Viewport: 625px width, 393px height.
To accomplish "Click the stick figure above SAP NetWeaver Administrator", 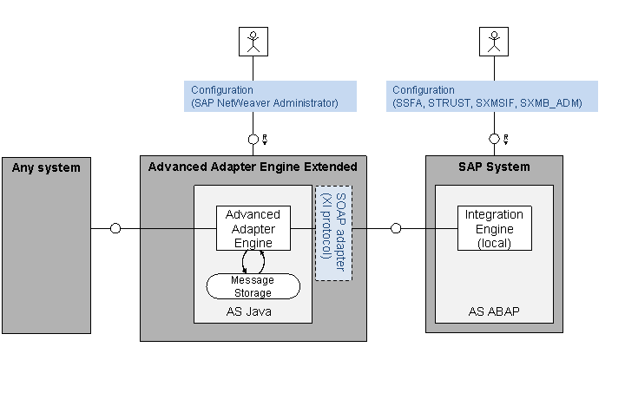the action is coord(253,42).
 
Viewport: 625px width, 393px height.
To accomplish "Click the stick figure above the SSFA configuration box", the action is coord(494,42).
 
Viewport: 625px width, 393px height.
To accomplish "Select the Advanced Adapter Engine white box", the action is coord(253,228).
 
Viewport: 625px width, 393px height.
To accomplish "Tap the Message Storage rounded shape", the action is coord(253,286).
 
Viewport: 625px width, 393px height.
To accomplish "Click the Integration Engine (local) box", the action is coord(494,228).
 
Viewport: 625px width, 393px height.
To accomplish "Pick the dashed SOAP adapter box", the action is coord(333,233).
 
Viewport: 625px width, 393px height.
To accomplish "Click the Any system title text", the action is coord(46,167).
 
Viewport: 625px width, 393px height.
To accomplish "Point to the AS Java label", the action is coord(249,311).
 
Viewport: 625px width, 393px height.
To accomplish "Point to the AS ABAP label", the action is coord(494,311).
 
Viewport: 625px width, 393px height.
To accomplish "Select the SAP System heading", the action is coord(494,167).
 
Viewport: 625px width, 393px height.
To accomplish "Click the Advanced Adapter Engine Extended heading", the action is coord(253,167).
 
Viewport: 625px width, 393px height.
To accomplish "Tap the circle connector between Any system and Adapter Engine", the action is coord(115,228).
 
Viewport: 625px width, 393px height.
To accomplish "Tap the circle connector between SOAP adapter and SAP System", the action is coord(396,228).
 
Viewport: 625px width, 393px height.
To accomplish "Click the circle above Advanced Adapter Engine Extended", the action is coord(253,140).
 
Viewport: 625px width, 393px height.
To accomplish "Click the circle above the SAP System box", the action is coord(494,139).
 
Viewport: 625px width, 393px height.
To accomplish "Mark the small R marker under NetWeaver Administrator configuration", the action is coord(265,140).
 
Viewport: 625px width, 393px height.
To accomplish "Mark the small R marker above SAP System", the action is coord(506,140).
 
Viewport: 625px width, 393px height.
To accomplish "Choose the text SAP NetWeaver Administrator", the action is coord(266,103).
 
